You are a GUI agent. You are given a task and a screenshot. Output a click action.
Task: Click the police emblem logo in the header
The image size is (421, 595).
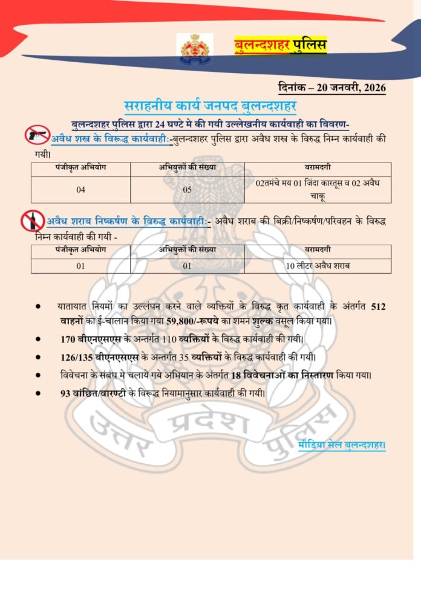[x=195, y=50]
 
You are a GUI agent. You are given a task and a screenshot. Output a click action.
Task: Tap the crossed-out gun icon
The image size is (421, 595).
[x=36, y=134]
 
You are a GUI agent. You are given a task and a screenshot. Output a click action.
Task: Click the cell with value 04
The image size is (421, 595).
[x=81, y=189]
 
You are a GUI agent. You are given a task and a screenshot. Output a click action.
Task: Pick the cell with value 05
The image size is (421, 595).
[x=188, y=189]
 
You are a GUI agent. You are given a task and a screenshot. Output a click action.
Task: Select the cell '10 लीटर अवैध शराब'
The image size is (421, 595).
[x=318, y=266]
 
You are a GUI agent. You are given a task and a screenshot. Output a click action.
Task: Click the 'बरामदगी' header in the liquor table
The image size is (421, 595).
[x=318, y=250]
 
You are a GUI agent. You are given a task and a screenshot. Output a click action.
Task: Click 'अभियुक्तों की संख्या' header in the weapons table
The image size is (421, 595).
[x=188, y=167]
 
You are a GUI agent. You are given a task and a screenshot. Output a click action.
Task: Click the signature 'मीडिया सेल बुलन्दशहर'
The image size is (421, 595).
[x=342, y=446]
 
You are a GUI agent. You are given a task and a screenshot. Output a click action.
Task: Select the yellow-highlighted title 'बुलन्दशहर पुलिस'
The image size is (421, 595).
[x=280, y=46]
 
